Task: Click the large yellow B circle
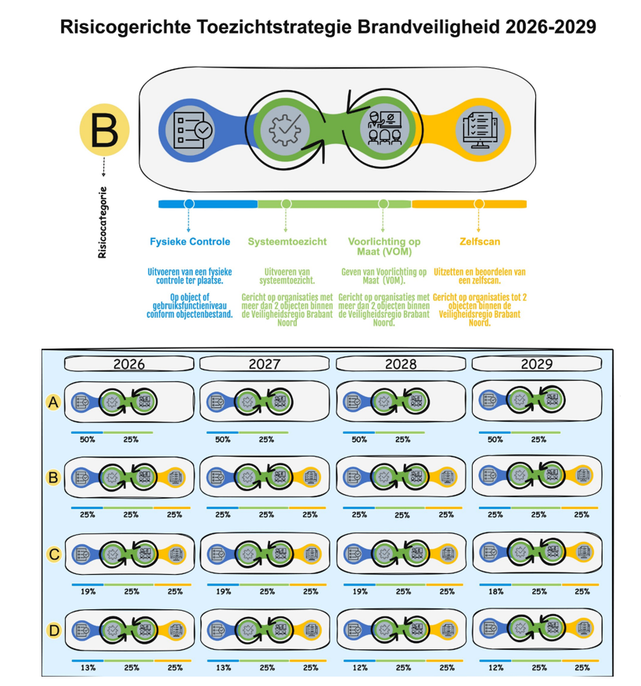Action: coord(104,130)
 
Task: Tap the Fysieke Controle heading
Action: coord(190,241)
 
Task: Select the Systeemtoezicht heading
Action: coord(287,241)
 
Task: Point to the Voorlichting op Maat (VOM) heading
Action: coord(384,247)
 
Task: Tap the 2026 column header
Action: coord(129,364)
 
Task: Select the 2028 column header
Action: coord(400,364)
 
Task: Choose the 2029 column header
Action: coord(536,364)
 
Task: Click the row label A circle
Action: coord(54,403)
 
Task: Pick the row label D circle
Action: coord(54,630)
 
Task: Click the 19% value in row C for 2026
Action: coord(88,591)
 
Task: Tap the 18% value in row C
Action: coord(495,591)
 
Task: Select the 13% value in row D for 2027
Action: coord(223,668)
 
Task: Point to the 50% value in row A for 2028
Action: coord(359,439)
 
